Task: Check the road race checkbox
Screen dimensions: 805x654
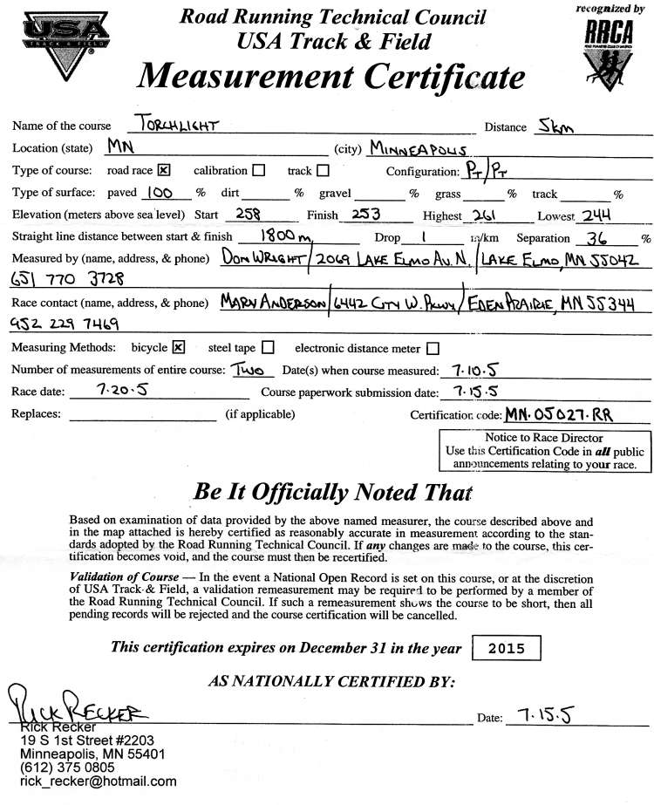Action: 164,170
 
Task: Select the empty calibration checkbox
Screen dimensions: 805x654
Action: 258,171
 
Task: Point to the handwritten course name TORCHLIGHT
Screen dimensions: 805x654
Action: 177,125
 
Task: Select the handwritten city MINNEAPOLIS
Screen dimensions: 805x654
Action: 422,148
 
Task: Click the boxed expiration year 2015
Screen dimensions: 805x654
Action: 506,649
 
